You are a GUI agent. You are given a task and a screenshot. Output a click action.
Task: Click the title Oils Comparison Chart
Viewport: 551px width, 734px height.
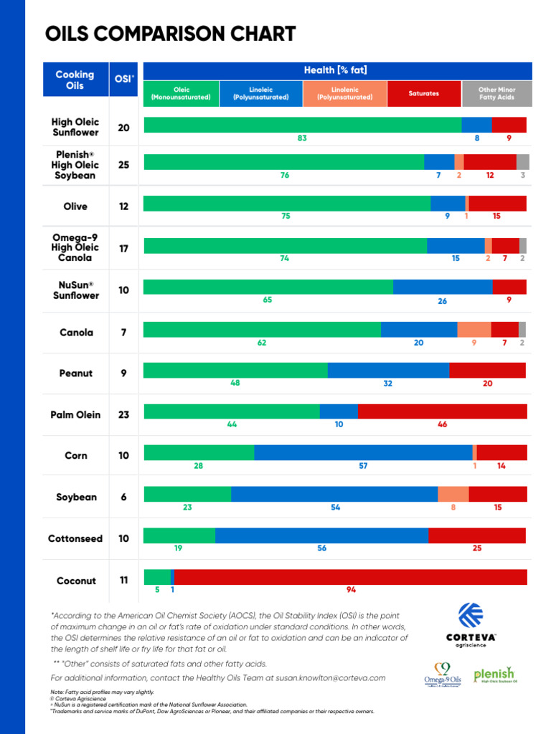(x=170, y=34)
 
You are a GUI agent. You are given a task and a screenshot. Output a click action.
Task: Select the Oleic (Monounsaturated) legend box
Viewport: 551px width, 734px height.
(x=181, y=93)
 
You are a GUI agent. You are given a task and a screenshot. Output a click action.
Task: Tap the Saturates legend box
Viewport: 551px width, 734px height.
(x=423, y=93)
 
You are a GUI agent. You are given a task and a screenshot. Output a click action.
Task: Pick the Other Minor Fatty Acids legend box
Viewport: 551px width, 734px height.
(x=496, y=93)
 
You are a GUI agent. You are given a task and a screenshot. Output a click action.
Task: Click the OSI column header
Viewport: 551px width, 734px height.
(x=124, y=80)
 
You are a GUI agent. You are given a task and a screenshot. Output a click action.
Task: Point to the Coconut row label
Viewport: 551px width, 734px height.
(x=76, y=581)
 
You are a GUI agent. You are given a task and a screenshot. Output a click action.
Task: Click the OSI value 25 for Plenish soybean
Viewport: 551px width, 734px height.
(x=124, y=165)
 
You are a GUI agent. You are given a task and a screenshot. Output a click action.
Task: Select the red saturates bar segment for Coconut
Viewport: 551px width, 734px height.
(x=350, y=577)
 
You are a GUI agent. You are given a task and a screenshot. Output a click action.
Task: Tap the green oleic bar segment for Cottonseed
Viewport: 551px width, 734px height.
(x=179, y=535)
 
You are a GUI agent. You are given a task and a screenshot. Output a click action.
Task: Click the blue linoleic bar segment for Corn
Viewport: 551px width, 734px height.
(x=363, y=452)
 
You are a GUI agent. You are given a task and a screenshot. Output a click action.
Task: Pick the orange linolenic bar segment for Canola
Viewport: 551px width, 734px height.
(x=474, y=329)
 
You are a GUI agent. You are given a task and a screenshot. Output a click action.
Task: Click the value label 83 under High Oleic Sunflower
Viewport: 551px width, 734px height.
(x=302, y=138)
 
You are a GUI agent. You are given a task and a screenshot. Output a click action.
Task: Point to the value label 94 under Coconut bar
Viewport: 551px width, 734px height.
(x=351, y=590)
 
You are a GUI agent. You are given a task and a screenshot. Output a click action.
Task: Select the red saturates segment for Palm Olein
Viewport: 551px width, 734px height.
(x=442, y=411)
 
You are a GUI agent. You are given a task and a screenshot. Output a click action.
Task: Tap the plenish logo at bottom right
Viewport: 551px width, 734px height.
(x=494, y=675)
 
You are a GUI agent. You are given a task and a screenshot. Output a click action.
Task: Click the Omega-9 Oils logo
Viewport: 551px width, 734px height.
(x=442, y=675)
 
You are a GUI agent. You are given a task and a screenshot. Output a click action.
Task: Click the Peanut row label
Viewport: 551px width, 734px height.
(x=76, y=373)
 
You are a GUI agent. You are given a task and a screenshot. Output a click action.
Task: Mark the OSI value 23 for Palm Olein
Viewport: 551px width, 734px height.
(x=124, y=414)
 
